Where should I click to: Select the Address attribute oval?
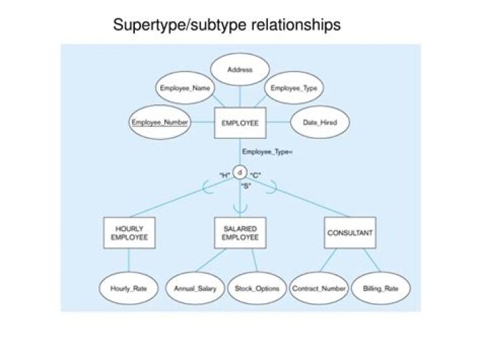pyautogui.click(x=240, y=69)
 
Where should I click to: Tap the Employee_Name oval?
pyautogui.click(x=186, y=88)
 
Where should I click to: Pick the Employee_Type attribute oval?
pyautogui.click(x=293, y=88)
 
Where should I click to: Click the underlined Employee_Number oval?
pyautogui.click(x=160, y=123)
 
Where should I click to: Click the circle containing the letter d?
pyautogui.click(x=240, y=174)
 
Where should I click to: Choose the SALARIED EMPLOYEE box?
pyautogui.click(x=240, y=233)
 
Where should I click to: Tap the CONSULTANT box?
pyautogui.click(x=349, y=233)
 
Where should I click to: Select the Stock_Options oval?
pyautogui.click(x=256, y=289)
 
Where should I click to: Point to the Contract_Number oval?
pyautogui.click(x=319, y=289)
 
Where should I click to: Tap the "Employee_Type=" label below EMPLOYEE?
pyautogui.click(x=267, y=152)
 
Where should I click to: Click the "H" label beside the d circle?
pyautogui.click(x=224, y=176)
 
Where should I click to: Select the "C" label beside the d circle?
pyautogui.click(x=255, y=176)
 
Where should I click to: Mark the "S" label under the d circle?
pyautogui.click(x=245, y=185)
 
